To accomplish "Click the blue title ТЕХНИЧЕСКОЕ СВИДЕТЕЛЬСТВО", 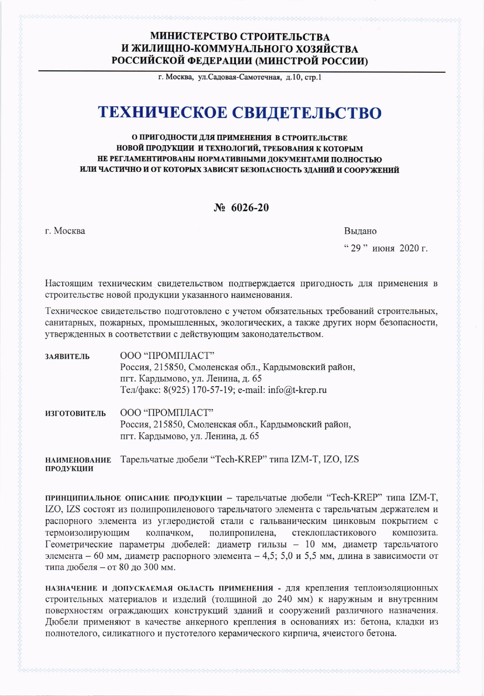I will point(239,113).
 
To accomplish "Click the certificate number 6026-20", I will point(250,208).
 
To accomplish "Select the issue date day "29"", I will point(356,248).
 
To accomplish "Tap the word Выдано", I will point(360,231).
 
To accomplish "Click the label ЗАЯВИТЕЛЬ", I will point(67,356).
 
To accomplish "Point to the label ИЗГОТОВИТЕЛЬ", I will point(76,414).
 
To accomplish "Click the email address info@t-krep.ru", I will point(297,390).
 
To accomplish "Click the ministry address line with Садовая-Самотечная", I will point(239,77).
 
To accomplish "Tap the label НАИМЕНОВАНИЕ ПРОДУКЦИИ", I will point(78,464).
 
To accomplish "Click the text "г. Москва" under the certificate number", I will point(65,231).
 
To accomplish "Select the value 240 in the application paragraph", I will point(285,599).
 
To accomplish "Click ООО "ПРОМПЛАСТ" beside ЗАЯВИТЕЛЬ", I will point(167,356).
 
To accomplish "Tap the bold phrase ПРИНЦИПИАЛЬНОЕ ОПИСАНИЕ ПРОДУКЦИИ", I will point(134,498).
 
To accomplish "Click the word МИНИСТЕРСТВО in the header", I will point(194,37).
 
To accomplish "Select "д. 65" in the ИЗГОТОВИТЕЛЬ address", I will point(249,436).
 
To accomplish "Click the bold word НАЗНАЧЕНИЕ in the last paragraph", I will point(71,588).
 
